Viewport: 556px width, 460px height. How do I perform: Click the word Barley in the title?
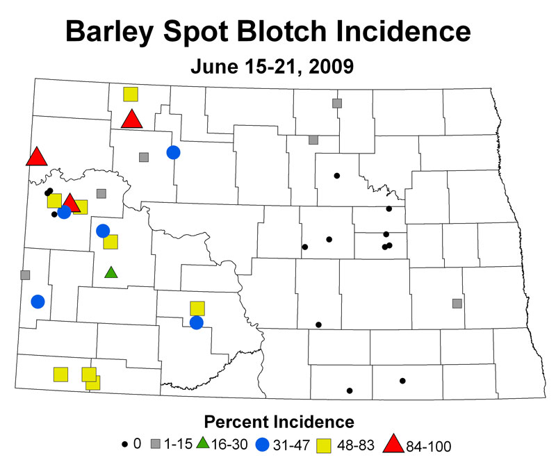(110, 32)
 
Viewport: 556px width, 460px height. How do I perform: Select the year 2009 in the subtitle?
(332, 67)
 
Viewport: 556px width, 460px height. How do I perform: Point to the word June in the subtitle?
(214, 67)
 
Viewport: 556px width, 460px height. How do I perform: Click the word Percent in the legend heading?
(236, 422)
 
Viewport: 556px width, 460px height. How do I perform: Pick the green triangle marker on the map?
(111, 272)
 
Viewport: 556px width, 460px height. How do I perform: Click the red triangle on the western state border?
(37, 156)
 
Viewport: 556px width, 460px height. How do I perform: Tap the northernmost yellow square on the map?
(131, 94)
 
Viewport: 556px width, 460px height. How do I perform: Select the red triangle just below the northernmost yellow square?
(131, 119)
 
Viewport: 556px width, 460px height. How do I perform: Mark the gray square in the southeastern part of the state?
(457, 304)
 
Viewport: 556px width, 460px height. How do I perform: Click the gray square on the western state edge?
(25, 275)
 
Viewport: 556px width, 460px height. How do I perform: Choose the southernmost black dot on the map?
(350, 391)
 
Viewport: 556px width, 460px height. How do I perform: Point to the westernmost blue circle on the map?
(38, 302)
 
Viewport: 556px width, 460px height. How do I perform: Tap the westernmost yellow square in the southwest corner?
(60, 375)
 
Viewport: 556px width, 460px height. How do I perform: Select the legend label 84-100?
(428, 446)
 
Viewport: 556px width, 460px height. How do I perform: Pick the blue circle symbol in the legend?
(263, 445)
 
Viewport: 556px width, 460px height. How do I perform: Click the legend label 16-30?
(229, 444)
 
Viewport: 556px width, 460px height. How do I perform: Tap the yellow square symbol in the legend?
(324, 446)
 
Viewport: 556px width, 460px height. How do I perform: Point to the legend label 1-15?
(178, 444)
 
